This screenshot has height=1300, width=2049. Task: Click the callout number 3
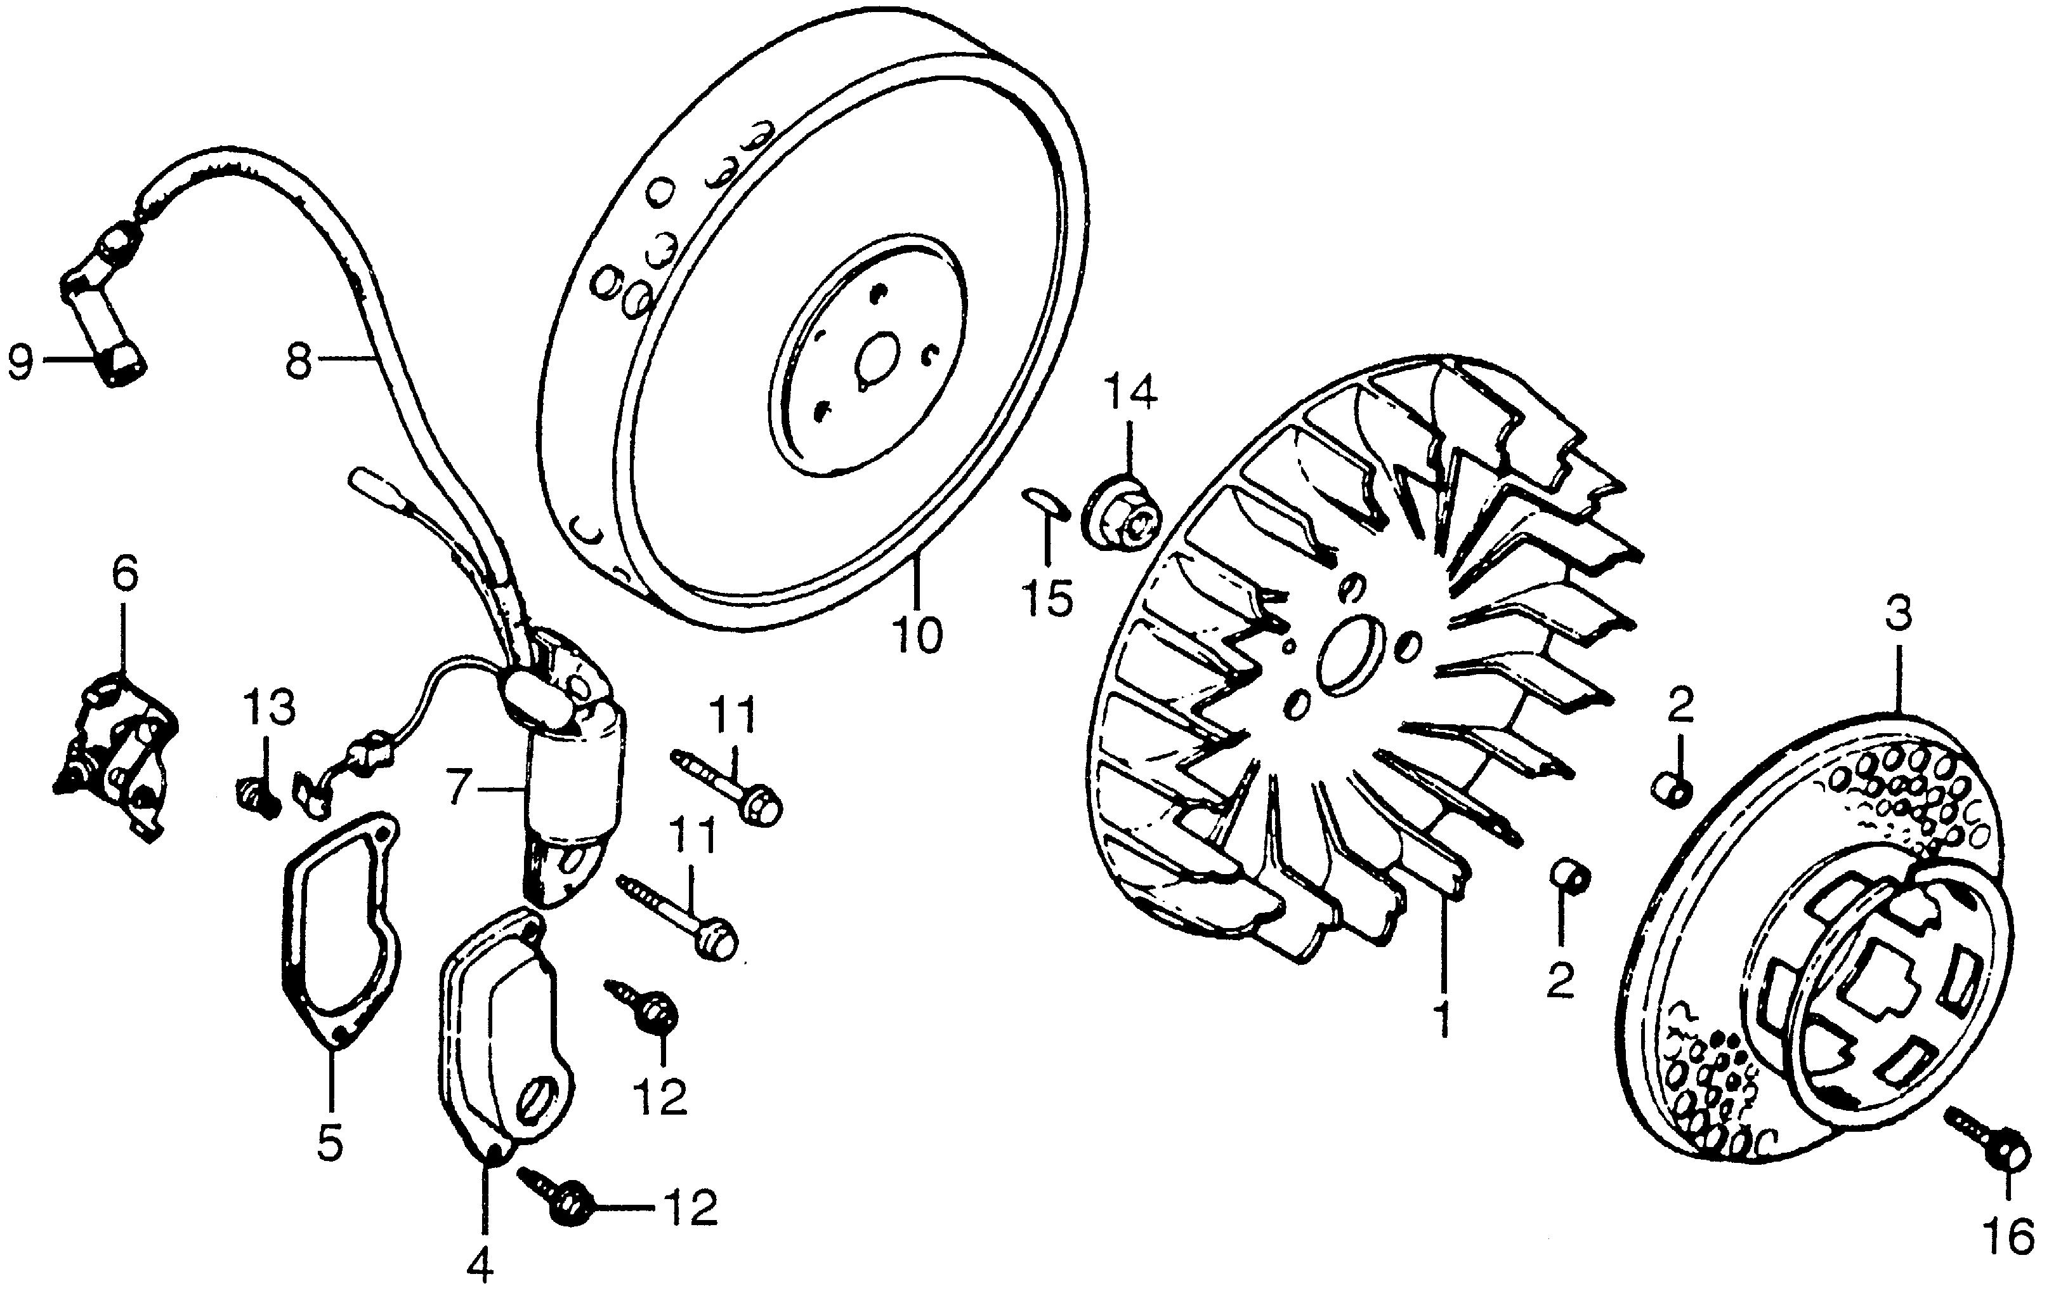(x=1897, y=614)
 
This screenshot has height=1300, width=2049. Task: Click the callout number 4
(x=481, y=1268)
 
